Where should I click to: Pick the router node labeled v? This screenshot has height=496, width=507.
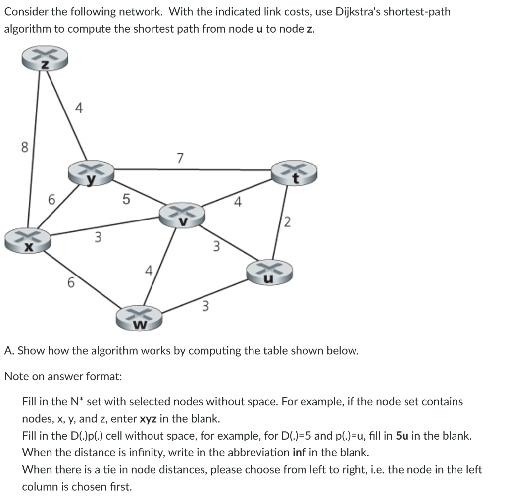[182, 214]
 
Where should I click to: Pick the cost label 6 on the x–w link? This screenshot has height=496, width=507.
[71, 283]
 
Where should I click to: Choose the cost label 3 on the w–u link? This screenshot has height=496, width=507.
[205, 306]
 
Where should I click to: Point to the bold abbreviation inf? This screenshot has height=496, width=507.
[300, 452]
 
